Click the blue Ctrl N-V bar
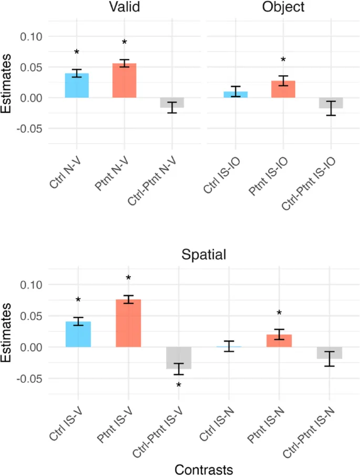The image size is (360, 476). [77, 86]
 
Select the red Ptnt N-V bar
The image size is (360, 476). [124, 80]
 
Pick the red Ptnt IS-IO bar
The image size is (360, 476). [283, 89]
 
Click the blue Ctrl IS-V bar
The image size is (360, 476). [78, 334]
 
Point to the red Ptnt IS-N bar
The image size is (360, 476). [279, 341]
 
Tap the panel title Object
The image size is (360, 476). [283, 7]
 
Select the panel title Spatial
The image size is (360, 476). [203, 255]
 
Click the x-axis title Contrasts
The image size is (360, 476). [203, 469]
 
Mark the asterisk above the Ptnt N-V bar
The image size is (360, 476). [125, 43]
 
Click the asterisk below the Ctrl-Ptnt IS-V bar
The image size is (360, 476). [179, 386]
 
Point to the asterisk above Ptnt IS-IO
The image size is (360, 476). [283, 60]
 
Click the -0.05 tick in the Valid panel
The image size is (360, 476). [29, 128]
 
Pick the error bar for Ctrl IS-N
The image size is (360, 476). [229, 346]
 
